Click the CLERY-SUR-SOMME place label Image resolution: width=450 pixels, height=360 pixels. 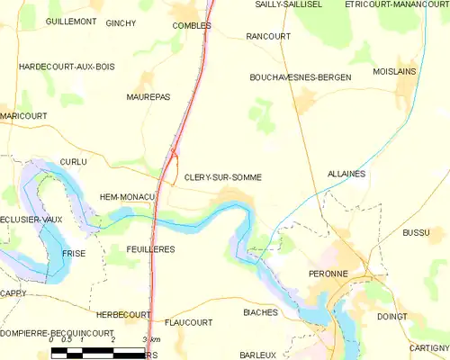point(223,177)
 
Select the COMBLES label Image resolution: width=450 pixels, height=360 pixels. point(192,26)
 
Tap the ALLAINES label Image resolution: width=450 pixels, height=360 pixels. point(346,174)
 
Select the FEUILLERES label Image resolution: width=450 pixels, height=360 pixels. point(150,248)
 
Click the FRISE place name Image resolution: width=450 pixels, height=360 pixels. point(74,254)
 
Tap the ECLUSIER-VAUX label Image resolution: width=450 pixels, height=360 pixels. point(31,219)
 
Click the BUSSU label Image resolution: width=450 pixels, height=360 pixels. point(416,233)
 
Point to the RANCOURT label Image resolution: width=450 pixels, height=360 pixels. point(265,37)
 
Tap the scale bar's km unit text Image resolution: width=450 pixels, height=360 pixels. point(155,339)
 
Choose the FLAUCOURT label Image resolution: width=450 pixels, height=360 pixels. point(189,322)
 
